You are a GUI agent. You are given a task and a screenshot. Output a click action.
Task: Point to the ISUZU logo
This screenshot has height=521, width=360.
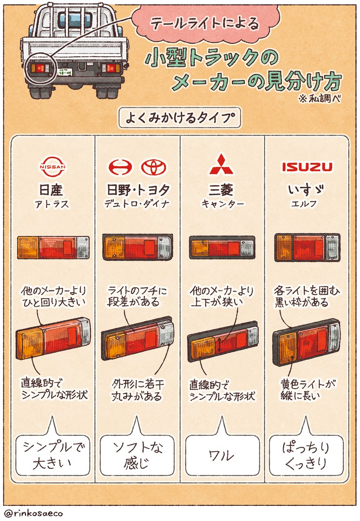point(307,167)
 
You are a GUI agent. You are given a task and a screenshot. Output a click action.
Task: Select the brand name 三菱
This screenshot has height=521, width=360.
point(221,190)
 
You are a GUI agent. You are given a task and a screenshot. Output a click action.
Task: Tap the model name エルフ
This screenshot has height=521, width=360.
point(307,204)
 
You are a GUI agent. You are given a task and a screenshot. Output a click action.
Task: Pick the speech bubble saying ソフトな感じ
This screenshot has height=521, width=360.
point(137,455)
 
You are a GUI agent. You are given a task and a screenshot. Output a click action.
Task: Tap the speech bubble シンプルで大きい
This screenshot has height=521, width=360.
point(53,455)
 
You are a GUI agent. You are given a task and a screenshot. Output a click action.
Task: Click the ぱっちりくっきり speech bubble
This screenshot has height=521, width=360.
point(306,455)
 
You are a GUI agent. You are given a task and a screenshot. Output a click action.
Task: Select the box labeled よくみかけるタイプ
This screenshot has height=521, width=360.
point(179,118)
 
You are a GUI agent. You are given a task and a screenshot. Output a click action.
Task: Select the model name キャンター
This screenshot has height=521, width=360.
point(221,204)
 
